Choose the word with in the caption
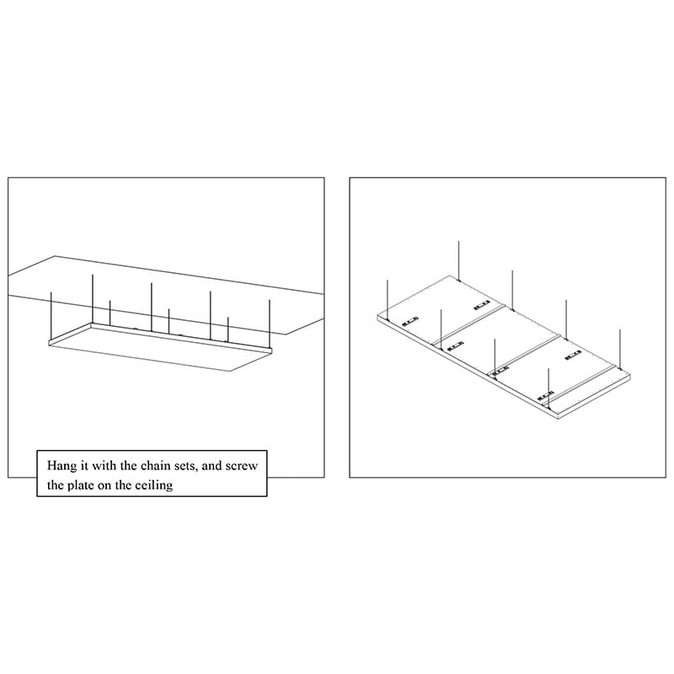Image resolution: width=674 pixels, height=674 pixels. click(108, 465)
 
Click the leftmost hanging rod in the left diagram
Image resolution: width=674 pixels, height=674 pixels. click(52, 316)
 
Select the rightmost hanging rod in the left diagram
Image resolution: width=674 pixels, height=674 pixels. click(270, 324)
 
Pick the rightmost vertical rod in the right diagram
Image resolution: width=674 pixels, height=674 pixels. click(619, 345)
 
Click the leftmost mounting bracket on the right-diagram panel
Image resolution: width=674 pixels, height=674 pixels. click(411, 321)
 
